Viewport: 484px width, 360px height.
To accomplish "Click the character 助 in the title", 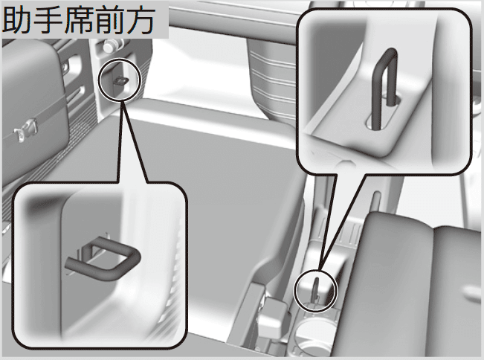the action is pos(17,19).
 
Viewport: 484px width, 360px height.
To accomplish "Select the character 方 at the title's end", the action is pos(140,19).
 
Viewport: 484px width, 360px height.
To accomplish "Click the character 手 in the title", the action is pos(48,19).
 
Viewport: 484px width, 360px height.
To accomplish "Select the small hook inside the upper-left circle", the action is pos(121,81).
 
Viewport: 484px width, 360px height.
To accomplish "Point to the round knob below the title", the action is pos(109,46).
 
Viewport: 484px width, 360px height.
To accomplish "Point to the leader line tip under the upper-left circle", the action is pos(122,100).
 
